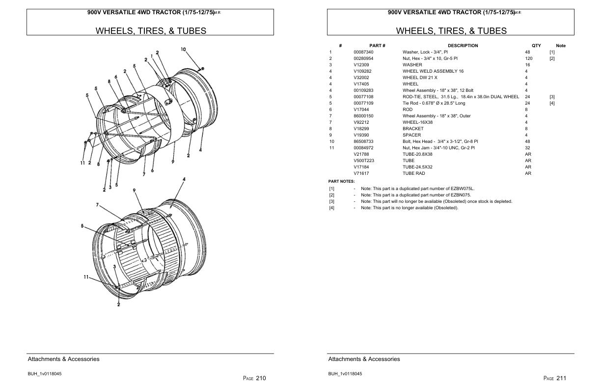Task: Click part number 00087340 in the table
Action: [363, 52]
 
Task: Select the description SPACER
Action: [411, 135]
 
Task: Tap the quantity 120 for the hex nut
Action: [529, 58]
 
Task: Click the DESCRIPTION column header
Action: [463, 46]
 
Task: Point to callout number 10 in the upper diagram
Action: [183, 49]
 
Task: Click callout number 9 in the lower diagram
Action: [134, 190]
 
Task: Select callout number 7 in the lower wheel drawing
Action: [98, 205]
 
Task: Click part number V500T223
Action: [364, 161]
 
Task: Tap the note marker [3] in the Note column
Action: [552, 97]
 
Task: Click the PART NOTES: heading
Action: [341, 181]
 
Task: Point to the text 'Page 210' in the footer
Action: [254, 378]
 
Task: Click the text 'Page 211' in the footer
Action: [555, 378]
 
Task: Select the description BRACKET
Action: [413, 129]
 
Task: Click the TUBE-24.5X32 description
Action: [417, 167]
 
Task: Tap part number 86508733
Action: [363, 141]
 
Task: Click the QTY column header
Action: [536, 46]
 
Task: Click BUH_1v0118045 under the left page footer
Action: [45, 374]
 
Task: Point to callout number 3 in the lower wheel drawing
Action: [114, 267]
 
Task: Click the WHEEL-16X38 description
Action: [417, 122]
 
